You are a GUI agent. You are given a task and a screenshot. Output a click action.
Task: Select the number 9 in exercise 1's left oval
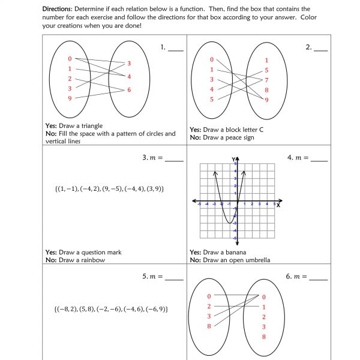(x=70, y=98)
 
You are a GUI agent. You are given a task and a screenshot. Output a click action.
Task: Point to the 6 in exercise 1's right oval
(x=128, y=90)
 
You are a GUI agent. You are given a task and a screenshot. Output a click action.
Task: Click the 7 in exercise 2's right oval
(x=266, y=80)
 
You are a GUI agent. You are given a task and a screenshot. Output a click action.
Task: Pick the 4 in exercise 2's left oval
(x=211, y=89)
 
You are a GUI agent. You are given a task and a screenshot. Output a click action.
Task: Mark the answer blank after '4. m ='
(x=319, y=159)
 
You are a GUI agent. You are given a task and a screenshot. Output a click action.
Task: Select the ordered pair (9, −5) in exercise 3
(x=110, y=189)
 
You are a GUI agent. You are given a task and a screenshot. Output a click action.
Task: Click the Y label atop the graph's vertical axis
(x=233, y=158)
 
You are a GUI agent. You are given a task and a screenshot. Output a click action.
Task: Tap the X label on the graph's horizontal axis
(x=279, y=205)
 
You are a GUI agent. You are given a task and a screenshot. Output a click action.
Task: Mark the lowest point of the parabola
(x=229, y=223)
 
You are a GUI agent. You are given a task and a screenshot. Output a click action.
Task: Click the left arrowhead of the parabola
(x=215, y=173)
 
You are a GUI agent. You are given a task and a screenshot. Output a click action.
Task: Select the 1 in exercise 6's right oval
(x=264, y=307)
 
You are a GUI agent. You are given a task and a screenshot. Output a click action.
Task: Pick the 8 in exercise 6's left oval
(x=209, y=326)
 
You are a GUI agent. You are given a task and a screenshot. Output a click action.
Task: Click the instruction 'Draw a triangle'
(x=80, y=126)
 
